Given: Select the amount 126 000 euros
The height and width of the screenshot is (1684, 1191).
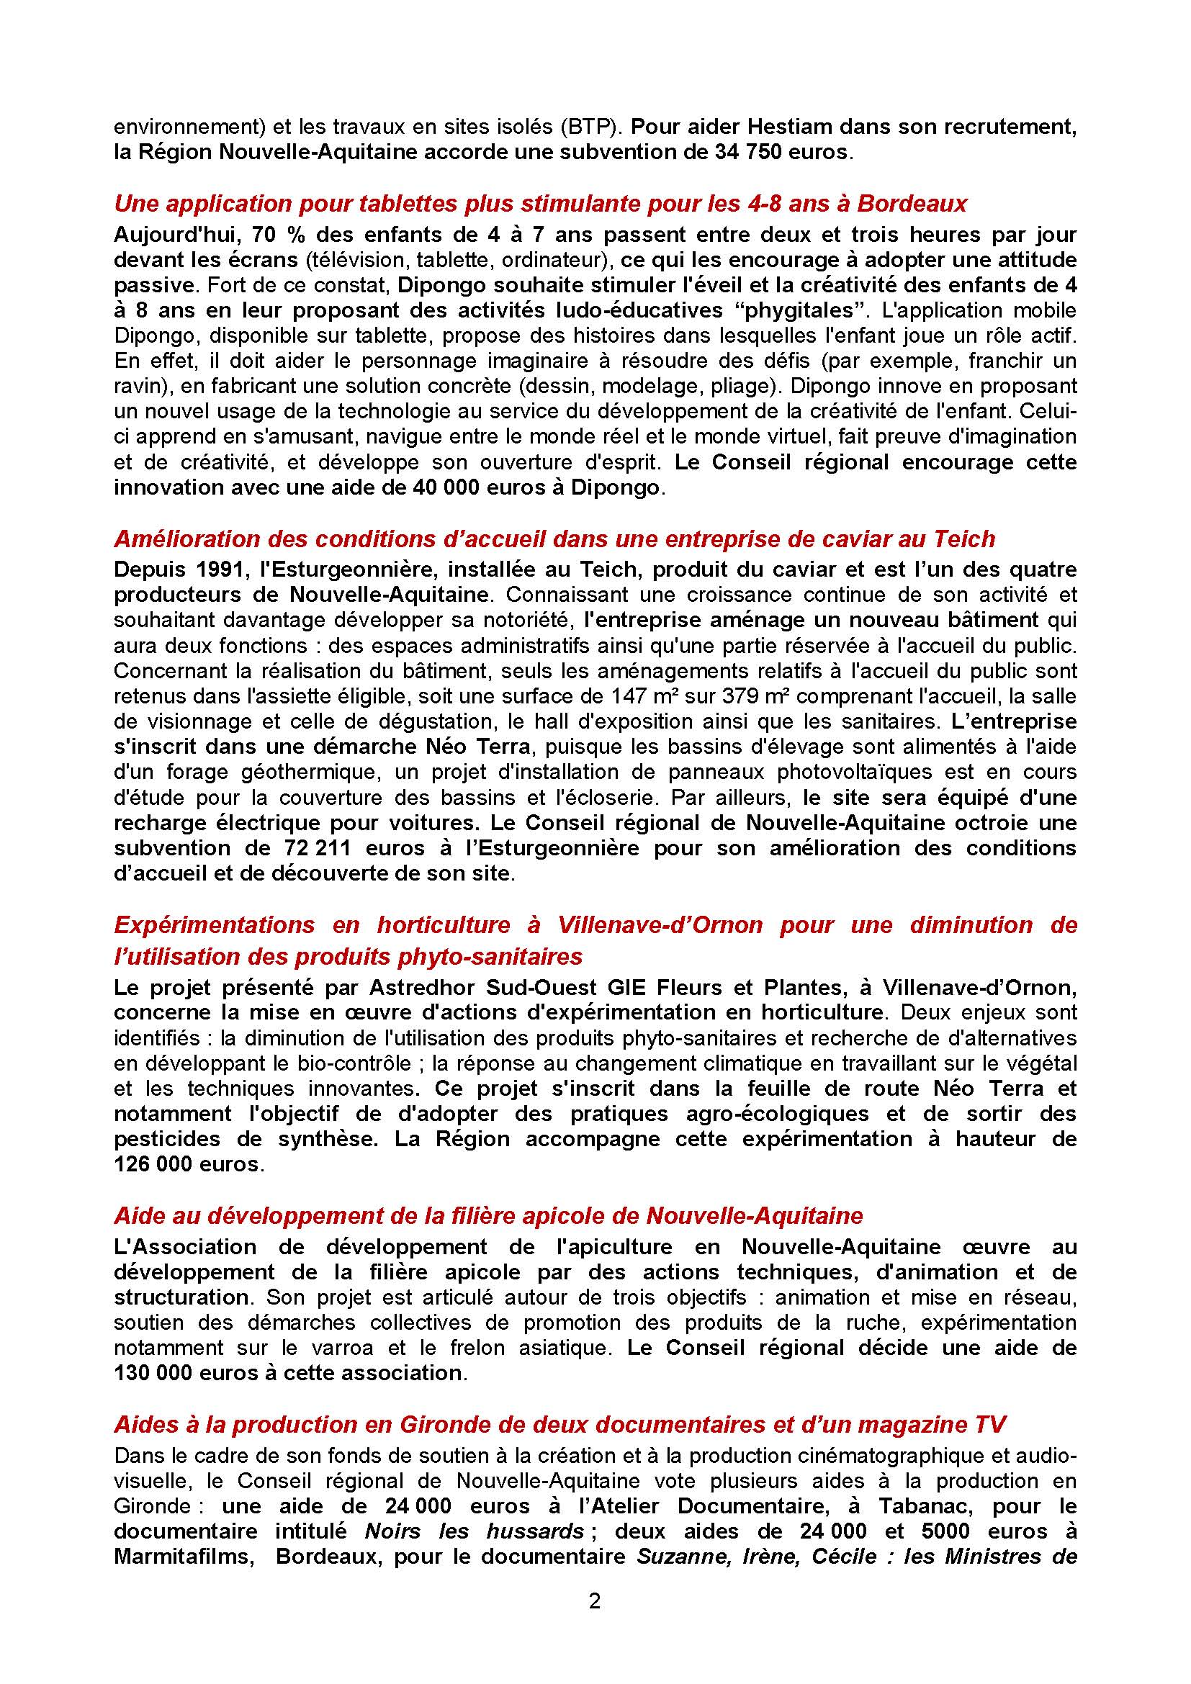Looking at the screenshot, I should click(x=186, y=1165).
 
